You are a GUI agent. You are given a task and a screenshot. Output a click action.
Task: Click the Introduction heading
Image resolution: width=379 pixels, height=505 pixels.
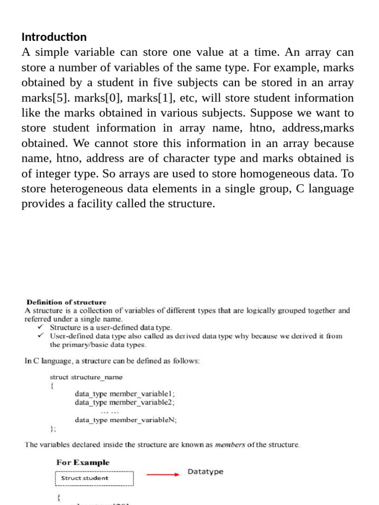54,37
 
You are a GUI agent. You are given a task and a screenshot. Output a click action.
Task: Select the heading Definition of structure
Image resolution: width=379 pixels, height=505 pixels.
66,302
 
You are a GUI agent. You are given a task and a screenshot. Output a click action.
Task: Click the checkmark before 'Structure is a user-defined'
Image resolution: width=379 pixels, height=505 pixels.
41,327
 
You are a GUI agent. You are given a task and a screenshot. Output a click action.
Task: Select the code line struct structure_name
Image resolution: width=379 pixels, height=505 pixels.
86,377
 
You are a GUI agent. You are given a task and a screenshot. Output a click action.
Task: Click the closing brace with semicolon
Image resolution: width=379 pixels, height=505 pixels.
53,429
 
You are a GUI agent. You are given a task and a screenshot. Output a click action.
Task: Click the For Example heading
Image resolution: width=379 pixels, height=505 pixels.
83,463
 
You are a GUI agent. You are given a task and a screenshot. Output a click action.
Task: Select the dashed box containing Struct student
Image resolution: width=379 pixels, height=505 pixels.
94,478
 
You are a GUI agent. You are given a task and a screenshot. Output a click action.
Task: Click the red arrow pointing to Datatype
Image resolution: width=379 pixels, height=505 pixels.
163,474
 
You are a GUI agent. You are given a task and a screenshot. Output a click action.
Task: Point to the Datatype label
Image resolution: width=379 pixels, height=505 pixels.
205,472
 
